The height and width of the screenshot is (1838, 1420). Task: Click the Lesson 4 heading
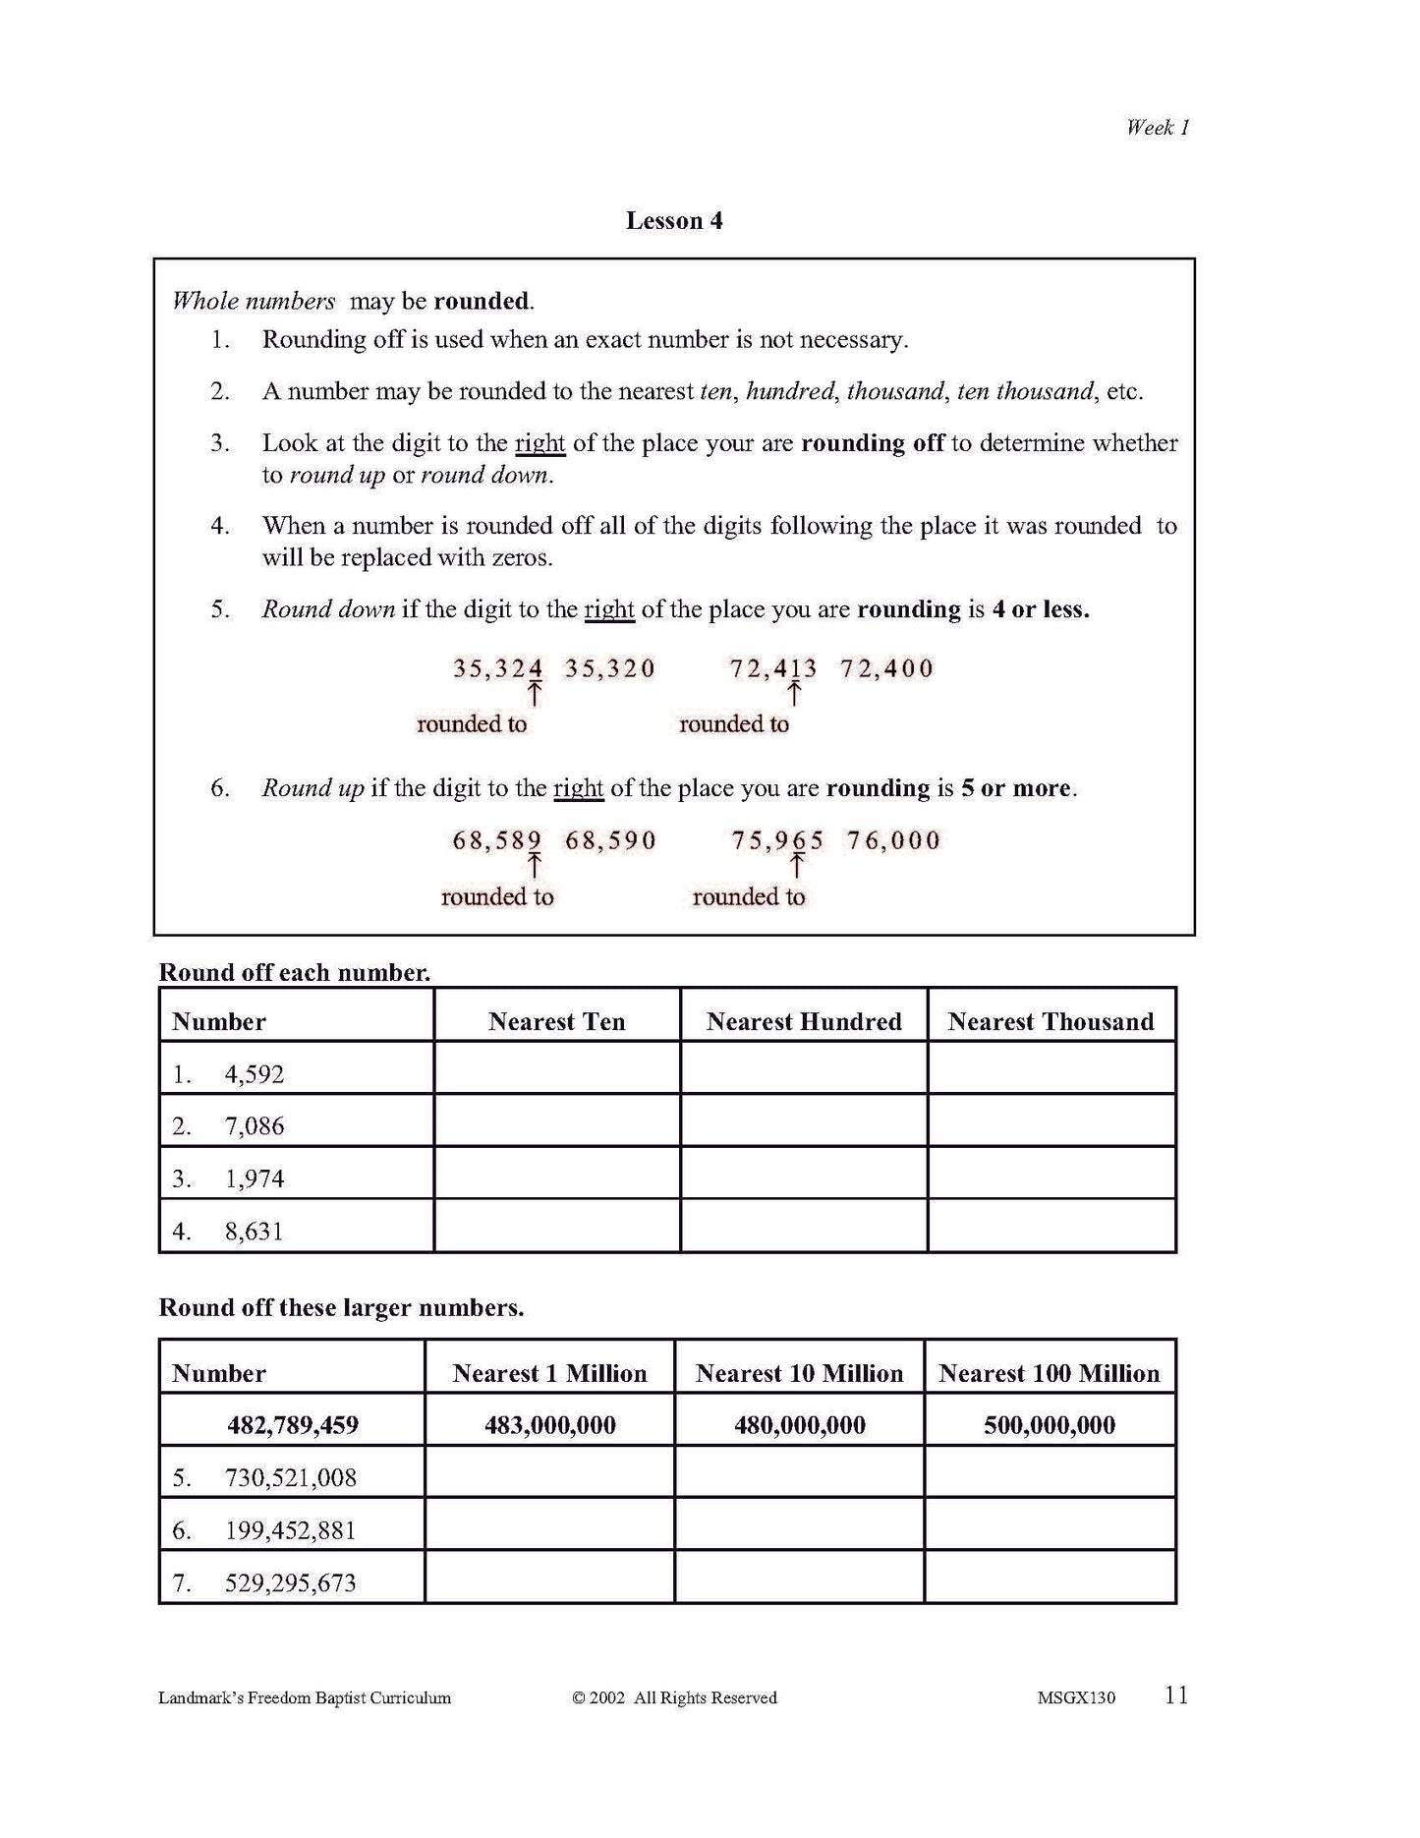(x=674, y=221)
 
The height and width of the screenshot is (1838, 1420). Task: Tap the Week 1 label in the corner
(x=1158, y=127)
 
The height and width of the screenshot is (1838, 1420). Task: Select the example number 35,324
(x=497, y=668)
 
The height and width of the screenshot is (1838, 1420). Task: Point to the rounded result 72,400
(x=886, y=668)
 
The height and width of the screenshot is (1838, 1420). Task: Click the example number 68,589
(x=497, y=840)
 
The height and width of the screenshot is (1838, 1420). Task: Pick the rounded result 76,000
(x=893, y=840)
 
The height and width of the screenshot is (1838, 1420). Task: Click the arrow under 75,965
(x=797, y=866)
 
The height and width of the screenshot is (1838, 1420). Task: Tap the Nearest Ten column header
(x=556, y=1022)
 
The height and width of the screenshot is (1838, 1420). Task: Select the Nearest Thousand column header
(x=1051, y=1022)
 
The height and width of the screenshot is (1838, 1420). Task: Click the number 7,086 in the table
(x=255, y=1126)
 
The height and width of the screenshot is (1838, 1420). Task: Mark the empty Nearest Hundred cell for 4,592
(x=804, y=1068)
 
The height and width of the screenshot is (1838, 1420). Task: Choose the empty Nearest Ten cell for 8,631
(x=556, y=1226)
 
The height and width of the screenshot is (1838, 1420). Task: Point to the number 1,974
(x=255, y=1178)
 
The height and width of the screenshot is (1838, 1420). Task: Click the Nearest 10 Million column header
(x=799, y=1373)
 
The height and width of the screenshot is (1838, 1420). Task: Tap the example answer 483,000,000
(x=550, y=1425)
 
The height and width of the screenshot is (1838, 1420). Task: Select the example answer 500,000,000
(x=1050, y=1425)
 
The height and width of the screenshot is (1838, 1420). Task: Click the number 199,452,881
(x=290, y=1530)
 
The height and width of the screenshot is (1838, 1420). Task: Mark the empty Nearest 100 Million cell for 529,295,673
(x=1050, y=1577)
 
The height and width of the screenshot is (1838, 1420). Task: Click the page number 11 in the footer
(x=1176, y=1695)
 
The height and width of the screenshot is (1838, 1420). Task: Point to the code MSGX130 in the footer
(x=1076, y=1697)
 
